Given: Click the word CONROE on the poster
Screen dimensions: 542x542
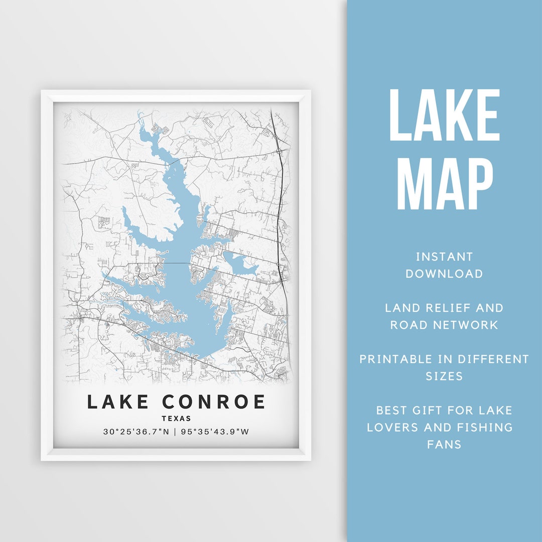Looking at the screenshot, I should click(214, 402).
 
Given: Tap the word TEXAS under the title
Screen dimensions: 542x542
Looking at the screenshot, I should click(176, 419).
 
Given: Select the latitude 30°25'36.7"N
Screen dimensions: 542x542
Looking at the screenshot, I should click(136, 432).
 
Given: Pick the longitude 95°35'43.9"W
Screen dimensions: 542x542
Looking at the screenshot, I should click(213, 432).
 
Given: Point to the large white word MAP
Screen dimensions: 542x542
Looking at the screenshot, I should click(445, 183).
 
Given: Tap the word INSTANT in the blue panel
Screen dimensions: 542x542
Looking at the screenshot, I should click(444, 257).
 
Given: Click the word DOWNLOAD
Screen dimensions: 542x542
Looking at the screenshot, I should click(444, 274).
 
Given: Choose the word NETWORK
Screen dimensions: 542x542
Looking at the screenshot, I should click(467, 325).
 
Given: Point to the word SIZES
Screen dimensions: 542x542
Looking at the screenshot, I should click(444, 376).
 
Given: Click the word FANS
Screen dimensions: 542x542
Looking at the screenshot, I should click(444, 444).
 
